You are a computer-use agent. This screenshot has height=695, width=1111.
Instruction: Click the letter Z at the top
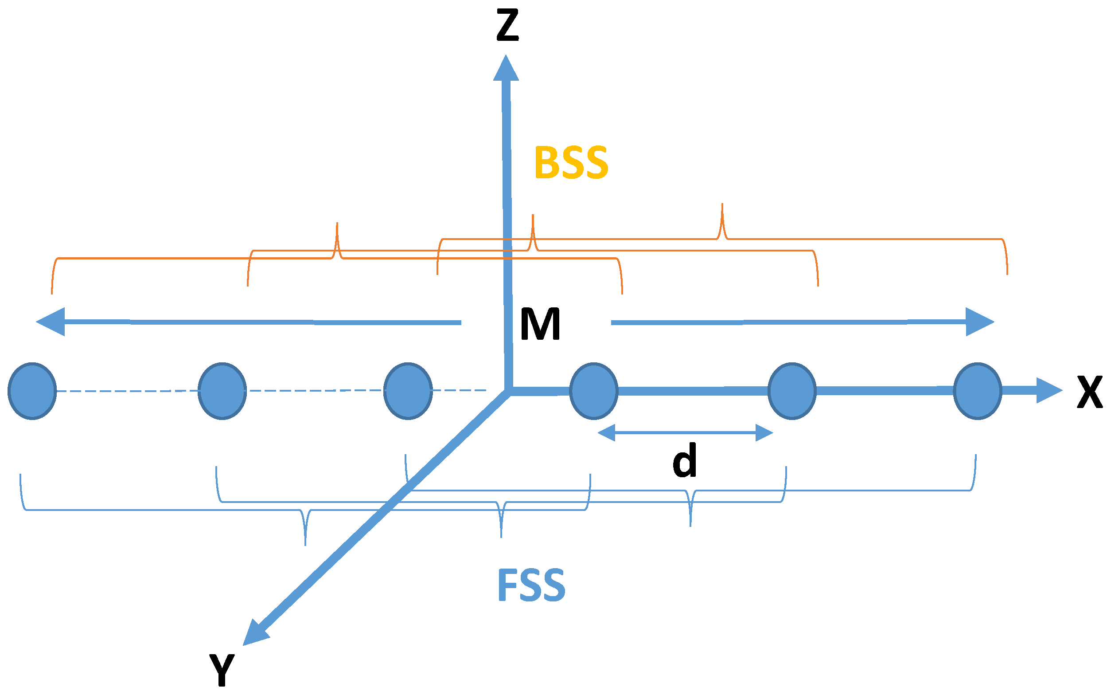507,26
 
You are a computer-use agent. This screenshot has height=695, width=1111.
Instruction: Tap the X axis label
1090,393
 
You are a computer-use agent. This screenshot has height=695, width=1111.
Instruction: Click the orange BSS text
571,163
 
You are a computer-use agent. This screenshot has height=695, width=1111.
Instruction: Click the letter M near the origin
540,324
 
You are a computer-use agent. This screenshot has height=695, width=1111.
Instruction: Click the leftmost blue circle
32,391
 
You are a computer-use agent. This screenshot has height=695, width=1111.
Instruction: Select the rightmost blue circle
977,391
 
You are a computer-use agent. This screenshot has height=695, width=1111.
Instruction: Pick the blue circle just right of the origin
593,391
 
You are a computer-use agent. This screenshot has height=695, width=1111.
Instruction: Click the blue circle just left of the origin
408,391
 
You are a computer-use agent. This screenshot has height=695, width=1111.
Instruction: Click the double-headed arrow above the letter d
686,432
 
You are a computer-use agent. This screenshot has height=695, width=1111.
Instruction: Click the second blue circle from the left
222,391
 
